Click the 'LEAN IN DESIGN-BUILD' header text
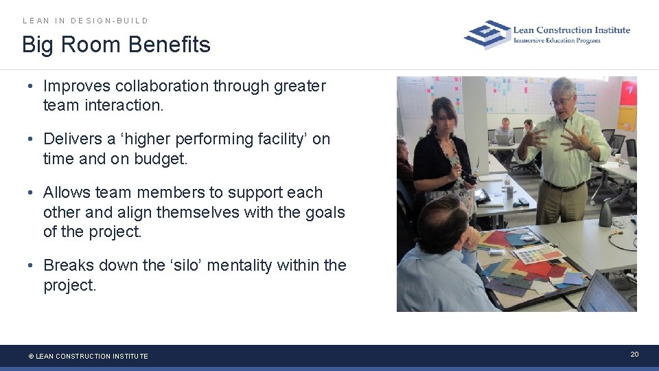click(x=85, y=21)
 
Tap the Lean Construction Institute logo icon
click(x=487, y=34)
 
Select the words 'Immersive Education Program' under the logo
click(x=557, y=41)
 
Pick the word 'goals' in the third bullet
click(x=323, y=212)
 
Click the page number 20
click(x=634, y=354)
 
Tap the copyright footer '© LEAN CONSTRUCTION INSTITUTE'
click(x=88, y=356)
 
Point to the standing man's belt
click(x=563, y=185)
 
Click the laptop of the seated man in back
click(x=504, y=139)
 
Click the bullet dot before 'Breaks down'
click(x=30, y=265)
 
